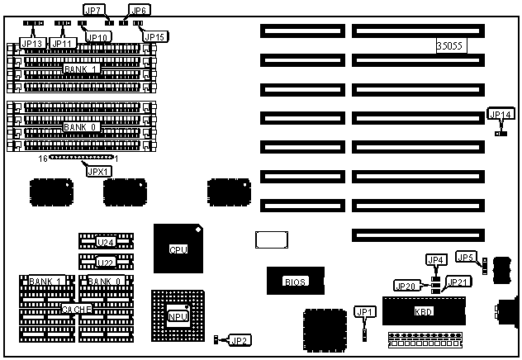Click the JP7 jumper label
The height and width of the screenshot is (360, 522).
[x=94, y=11]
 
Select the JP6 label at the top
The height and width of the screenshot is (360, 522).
[x=140, y=11]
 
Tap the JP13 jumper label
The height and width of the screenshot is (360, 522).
[x=32, y=43]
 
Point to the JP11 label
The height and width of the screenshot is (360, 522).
[x=64, y=43]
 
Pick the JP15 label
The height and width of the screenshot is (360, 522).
[x=155, y=36]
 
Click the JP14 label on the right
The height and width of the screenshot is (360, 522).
[x=501, y=114]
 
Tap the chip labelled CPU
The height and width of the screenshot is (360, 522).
[x=178, y=249]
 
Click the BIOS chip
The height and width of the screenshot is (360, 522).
[x=296, y=282]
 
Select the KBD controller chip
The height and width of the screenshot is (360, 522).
[x=423, y=311]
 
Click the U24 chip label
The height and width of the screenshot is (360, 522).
[x=105, y=242]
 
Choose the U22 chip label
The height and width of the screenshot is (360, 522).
[x=105, y=263]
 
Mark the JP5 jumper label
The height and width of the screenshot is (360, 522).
[x=466, y=258]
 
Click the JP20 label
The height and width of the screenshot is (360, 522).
[x=406, y=287]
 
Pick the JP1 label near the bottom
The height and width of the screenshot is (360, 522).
[x=364, y=311]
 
